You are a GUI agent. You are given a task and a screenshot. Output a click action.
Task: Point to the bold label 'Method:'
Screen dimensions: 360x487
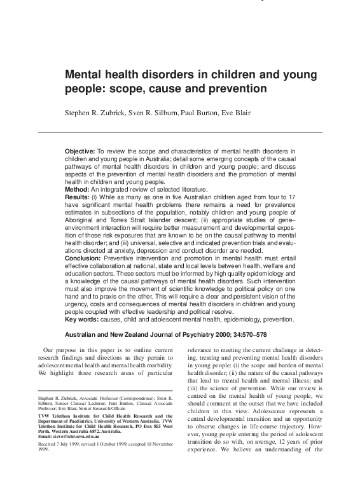click(77, 190)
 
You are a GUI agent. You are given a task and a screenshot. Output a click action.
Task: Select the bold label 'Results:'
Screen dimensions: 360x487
click(78, 198)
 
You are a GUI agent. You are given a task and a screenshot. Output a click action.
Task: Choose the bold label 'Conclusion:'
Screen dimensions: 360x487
click(83, 259)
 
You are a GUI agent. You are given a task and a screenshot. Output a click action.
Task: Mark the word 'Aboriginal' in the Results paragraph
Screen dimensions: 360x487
click(81, 213)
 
